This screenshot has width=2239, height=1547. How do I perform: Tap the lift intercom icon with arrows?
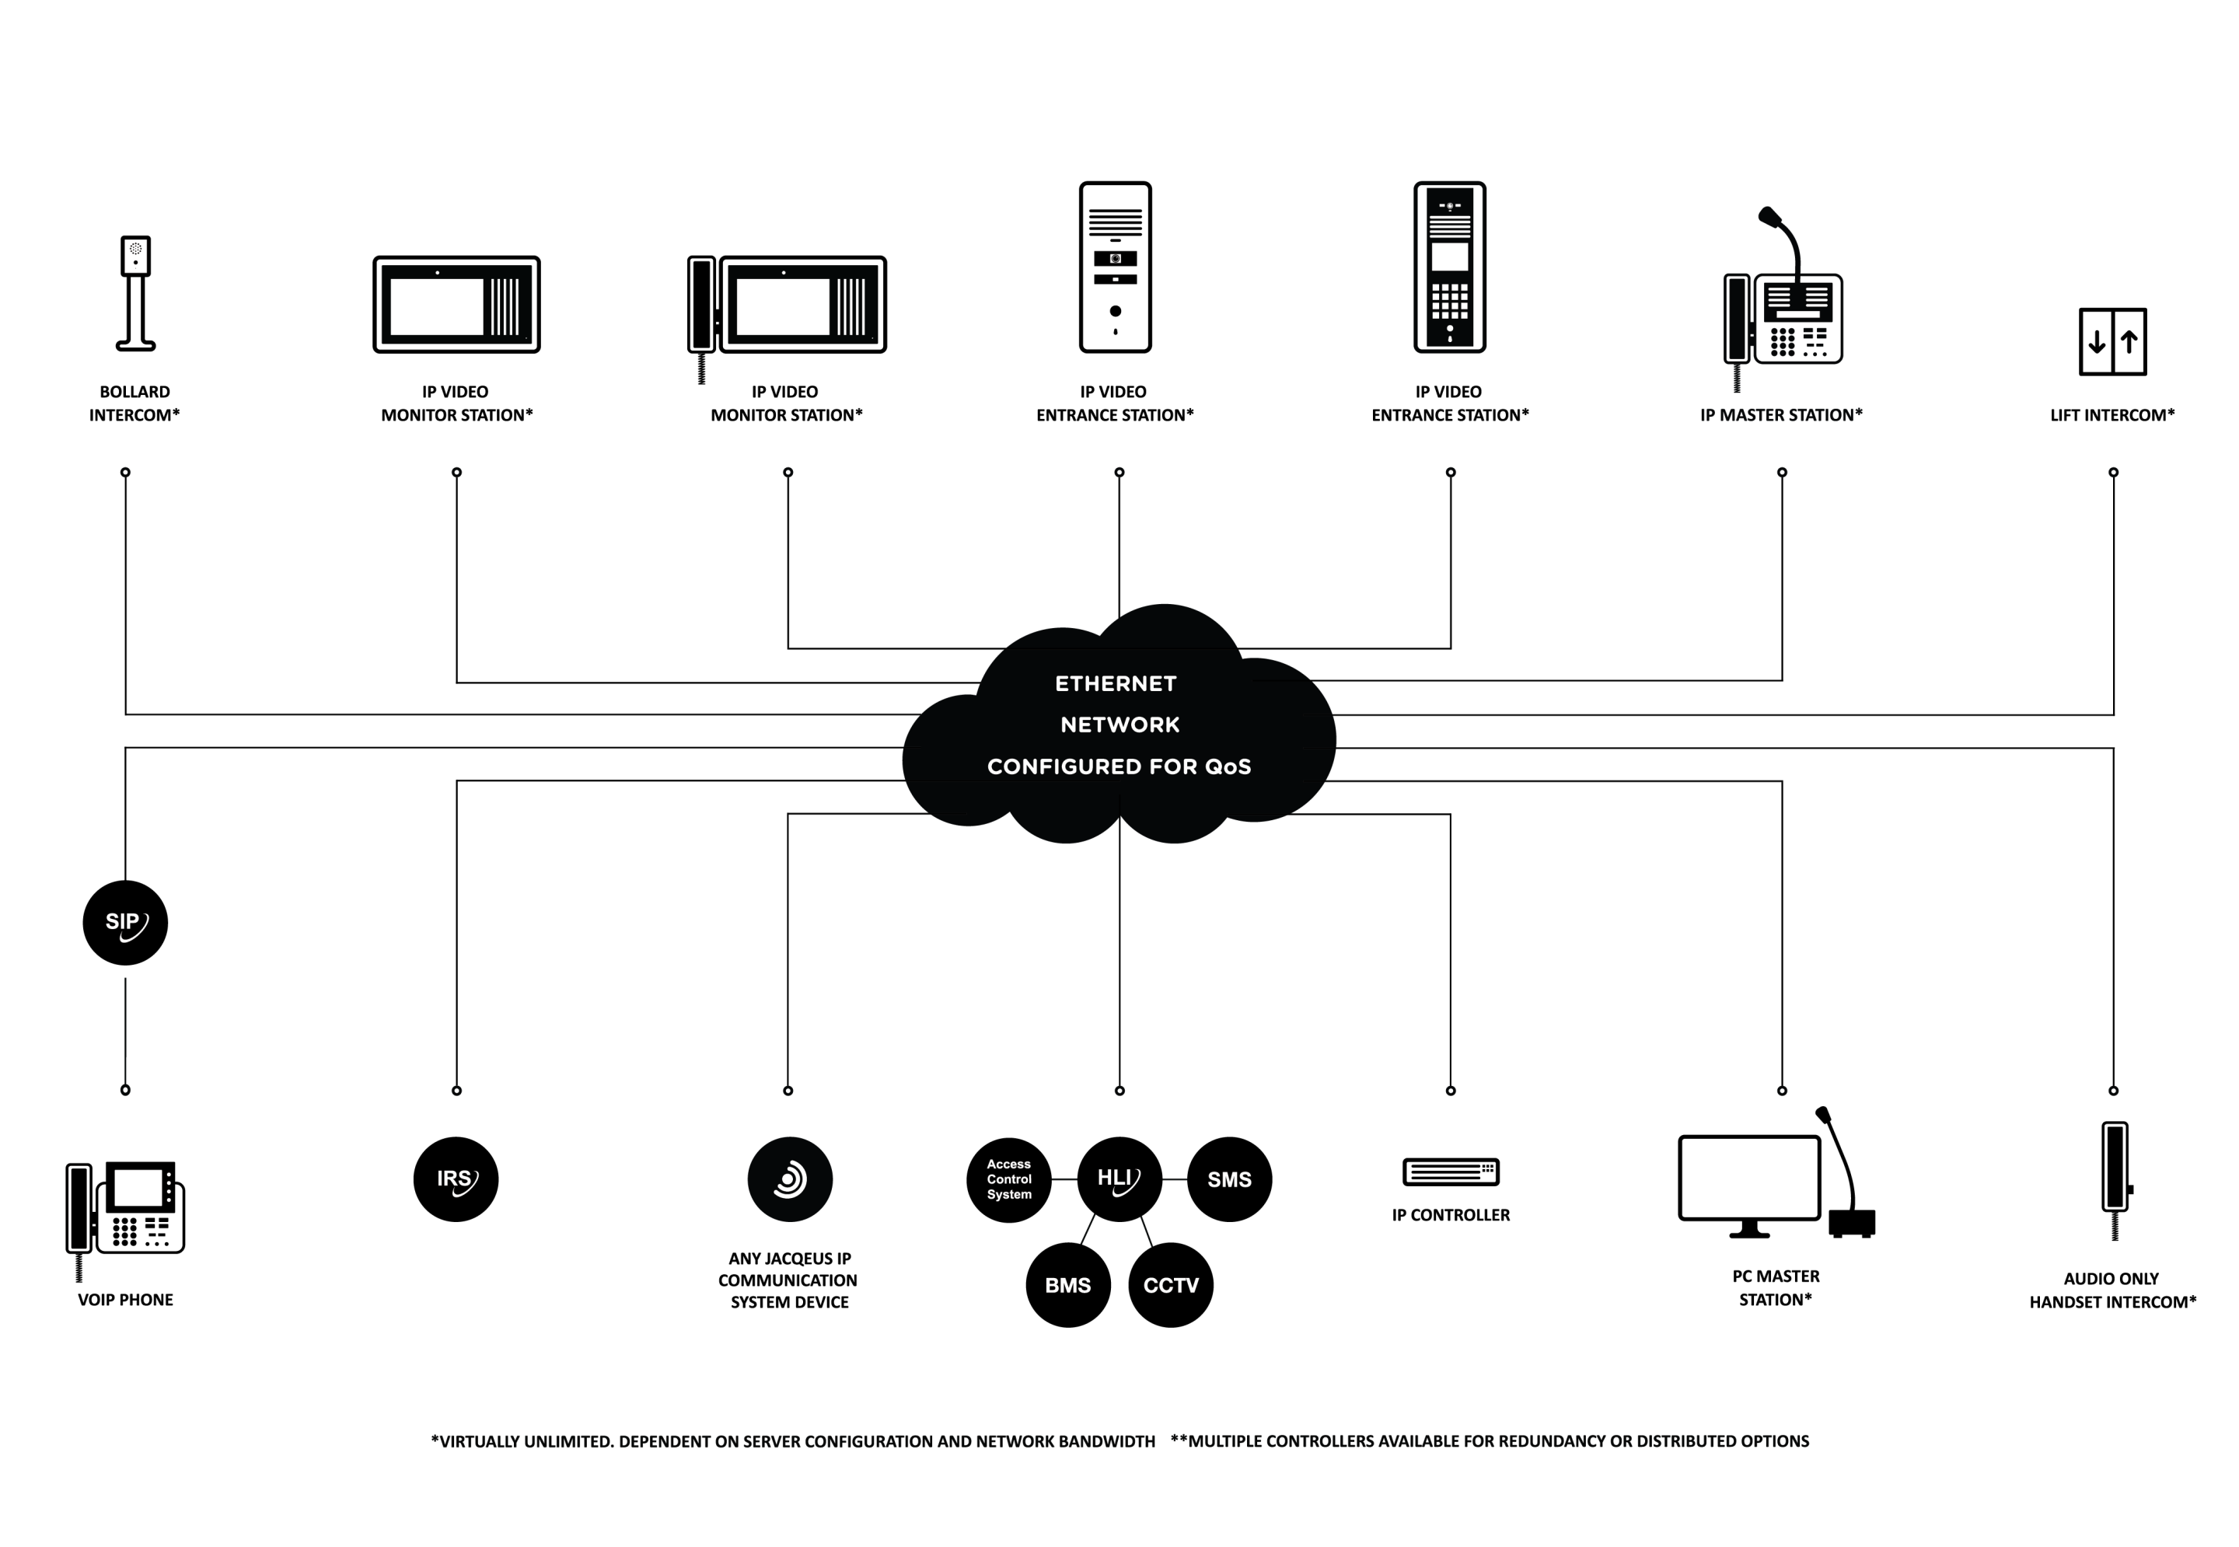[2112, 341]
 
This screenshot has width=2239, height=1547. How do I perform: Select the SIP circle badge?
[125, 922]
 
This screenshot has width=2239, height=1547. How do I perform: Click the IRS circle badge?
[456, 1179]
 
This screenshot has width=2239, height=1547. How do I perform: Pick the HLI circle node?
[1119, 1179]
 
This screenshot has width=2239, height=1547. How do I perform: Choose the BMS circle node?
[1068, 1284]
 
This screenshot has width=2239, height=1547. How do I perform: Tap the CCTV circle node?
[1171, 1284]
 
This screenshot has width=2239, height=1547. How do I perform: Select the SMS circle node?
[1229, 1179]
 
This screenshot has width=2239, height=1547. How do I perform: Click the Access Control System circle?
[1009, 1179]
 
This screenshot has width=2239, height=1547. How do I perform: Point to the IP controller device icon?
[1451, 1171]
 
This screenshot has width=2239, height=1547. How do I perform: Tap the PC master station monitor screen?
[1749, 1178]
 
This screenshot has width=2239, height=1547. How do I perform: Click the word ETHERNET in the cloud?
[1116, 683]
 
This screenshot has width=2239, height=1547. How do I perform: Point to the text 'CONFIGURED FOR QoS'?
[1119, 767]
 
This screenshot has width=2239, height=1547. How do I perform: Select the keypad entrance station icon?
[1450, 267]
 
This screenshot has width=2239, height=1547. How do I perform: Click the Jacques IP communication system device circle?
[790, 1179]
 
